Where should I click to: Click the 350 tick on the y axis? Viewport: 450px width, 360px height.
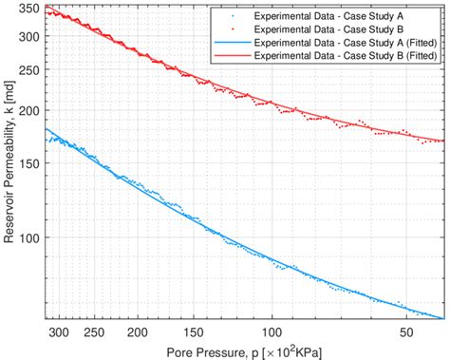click(29, 9)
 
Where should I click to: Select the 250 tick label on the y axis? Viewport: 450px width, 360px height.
click(29, 69)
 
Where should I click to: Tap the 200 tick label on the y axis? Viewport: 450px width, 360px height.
click(29, 110)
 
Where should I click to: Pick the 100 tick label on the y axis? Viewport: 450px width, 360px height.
click(29, 237)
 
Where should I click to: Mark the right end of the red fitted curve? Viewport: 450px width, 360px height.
click(443, 142)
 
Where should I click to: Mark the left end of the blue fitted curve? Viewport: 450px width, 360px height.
click(46, 129)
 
